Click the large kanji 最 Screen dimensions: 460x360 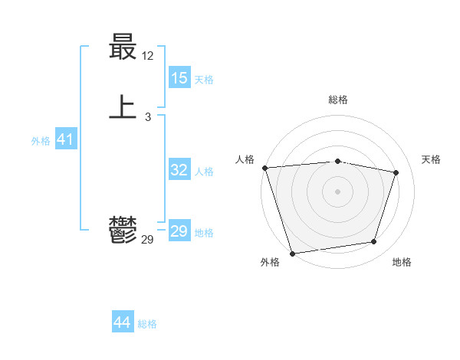click(x=123, y=49)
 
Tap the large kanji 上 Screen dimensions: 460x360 click(x=123, y=106)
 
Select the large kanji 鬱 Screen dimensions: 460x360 click(x=123, y=229)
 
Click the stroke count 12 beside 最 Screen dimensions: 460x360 click(x=148, y=56)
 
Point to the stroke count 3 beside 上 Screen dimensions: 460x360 click(x=148, y=116)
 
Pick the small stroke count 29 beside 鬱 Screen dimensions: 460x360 click(x=148, y=240)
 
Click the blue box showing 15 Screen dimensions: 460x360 click(x=179, y=78)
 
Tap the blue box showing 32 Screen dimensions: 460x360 click(x=179, y=170)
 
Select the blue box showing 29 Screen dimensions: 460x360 click(x=179, y=231)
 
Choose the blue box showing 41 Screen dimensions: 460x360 click(x=65, y=139)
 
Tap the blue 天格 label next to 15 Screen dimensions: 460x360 click(x=204, y=80)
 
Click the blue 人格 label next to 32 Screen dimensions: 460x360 click(x=204, y=172)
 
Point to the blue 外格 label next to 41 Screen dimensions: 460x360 click(x=41, y=141)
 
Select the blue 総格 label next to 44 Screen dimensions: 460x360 click(x=147, y=324)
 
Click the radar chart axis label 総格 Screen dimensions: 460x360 click(x=338, y=100)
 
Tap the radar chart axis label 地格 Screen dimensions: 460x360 click(x=402, y=263)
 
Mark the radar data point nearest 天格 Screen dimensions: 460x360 click(x=396, y=172)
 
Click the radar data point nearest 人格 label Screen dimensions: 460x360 click(x=264, y=168)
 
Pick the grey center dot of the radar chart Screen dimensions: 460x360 click(x=338, y=191)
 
